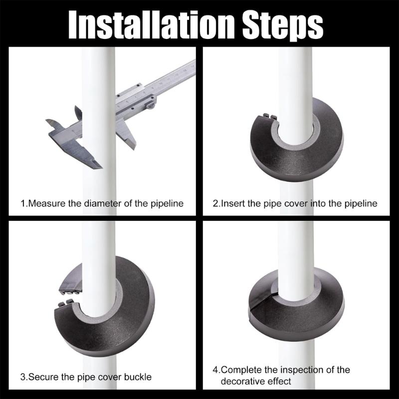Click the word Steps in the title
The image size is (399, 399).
pyautogui.click(x=283, y=22)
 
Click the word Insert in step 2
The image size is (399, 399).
pyautogui.click(x=233, y=203)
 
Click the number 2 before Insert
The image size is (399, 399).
pyautogui.click(x=215, y=203)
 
